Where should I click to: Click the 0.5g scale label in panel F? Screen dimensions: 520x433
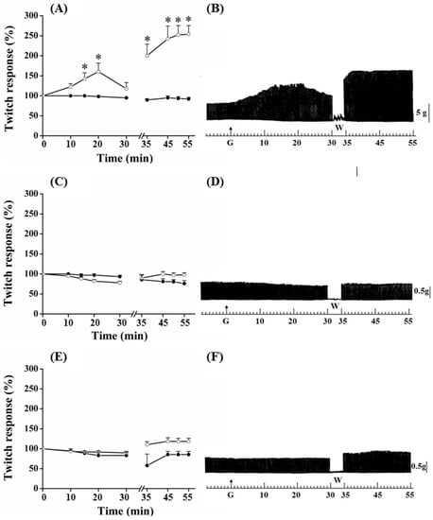[x=421, y=465]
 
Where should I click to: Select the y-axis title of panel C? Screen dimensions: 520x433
[x=9, y=250]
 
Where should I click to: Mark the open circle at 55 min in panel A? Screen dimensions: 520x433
[x=188, y=34]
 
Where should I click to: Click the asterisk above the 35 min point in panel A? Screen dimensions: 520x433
[x=147, y=41]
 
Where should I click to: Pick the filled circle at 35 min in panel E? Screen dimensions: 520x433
[x=147, y=465]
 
